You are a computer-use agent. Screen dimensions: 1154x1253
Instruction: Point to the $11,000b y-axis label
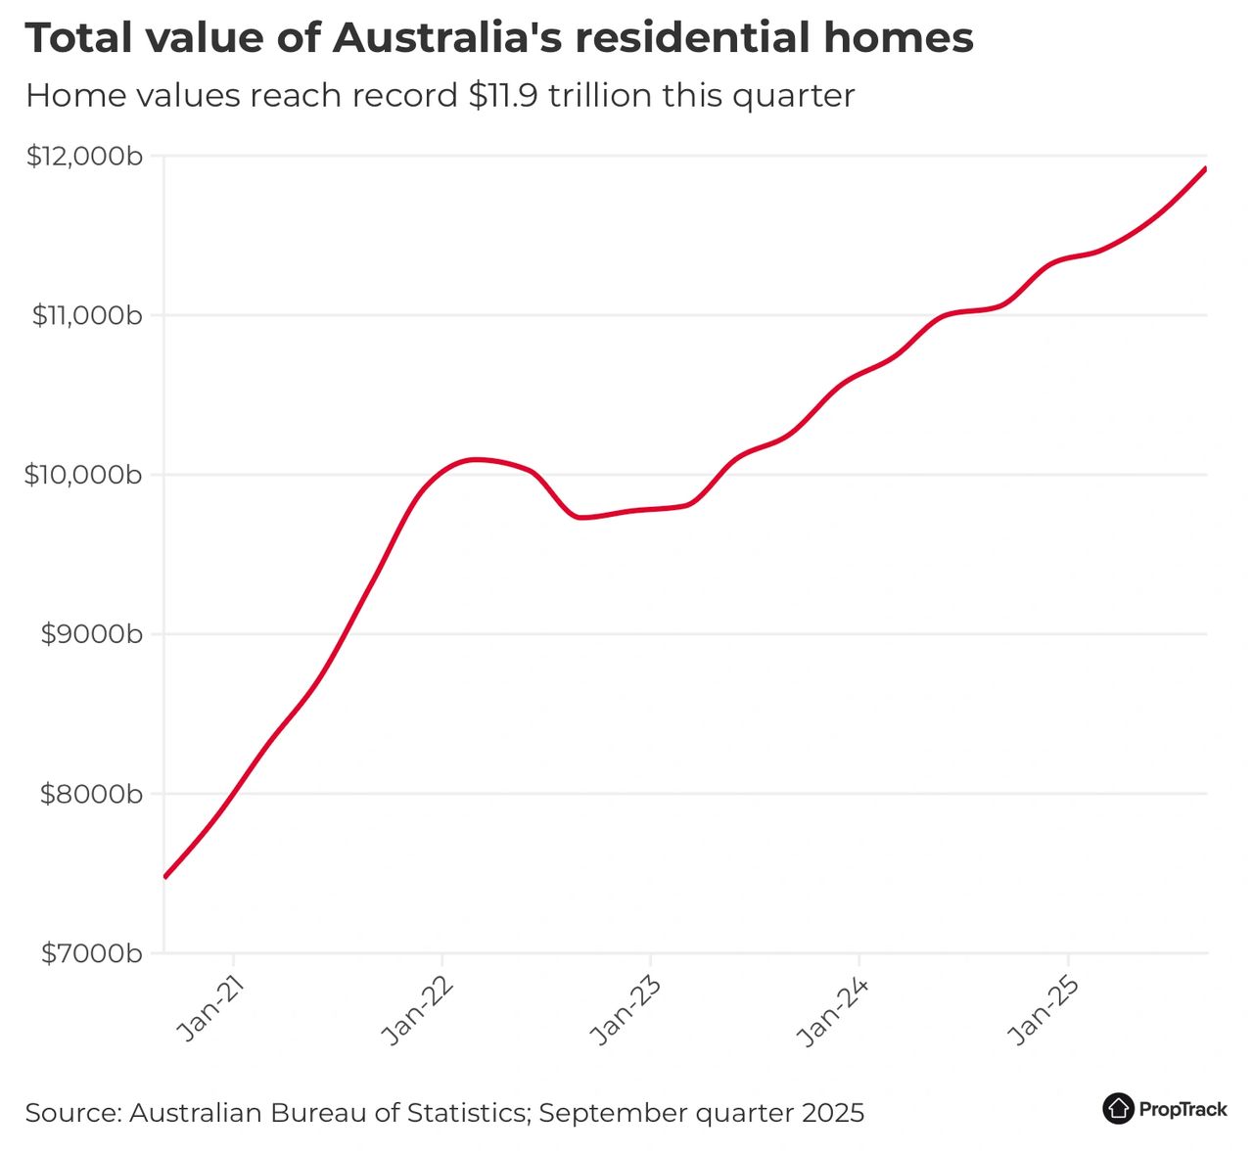pyautogui.click(x=87, y=316)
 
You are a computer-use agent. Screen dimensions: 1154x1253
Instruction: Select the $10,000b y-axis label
pyautogui.click(x=83, y=476)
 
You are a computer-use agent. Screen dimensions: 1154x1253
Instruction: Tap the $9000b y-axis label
pyautogui.click(x=91, y=634)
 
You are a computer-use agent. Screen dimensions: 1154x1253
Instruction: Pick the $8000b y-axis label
pyautogui.click(x=91, y=794)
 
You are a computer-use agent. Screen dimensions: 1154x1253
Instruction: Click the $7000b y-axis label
pyautogui.click(x=91, y=953)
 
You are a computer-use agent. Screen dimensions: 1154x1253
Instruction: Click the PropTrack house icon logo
pyautogui.click(x=1118, y=1109)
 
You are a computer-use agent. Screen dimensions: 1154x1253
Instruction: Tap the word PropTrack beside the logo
pyautogui.click(x=1183, y=1110)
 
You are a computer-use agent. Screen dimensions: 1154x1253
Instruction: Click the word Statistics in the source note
pyautogui.click(x=467, y=1113)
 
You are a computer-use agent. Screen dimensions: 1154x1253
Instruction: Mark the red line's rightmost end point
pyautogui.click(x=1206, y=168)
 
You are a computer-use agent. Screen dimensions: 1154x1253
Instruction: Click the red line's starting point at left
pyautogui.click(x=164, y=877)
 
